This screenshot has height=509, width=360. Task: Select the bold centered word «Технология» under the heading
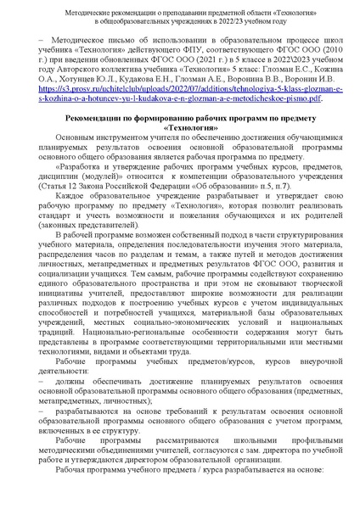[x=180, y=149]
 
